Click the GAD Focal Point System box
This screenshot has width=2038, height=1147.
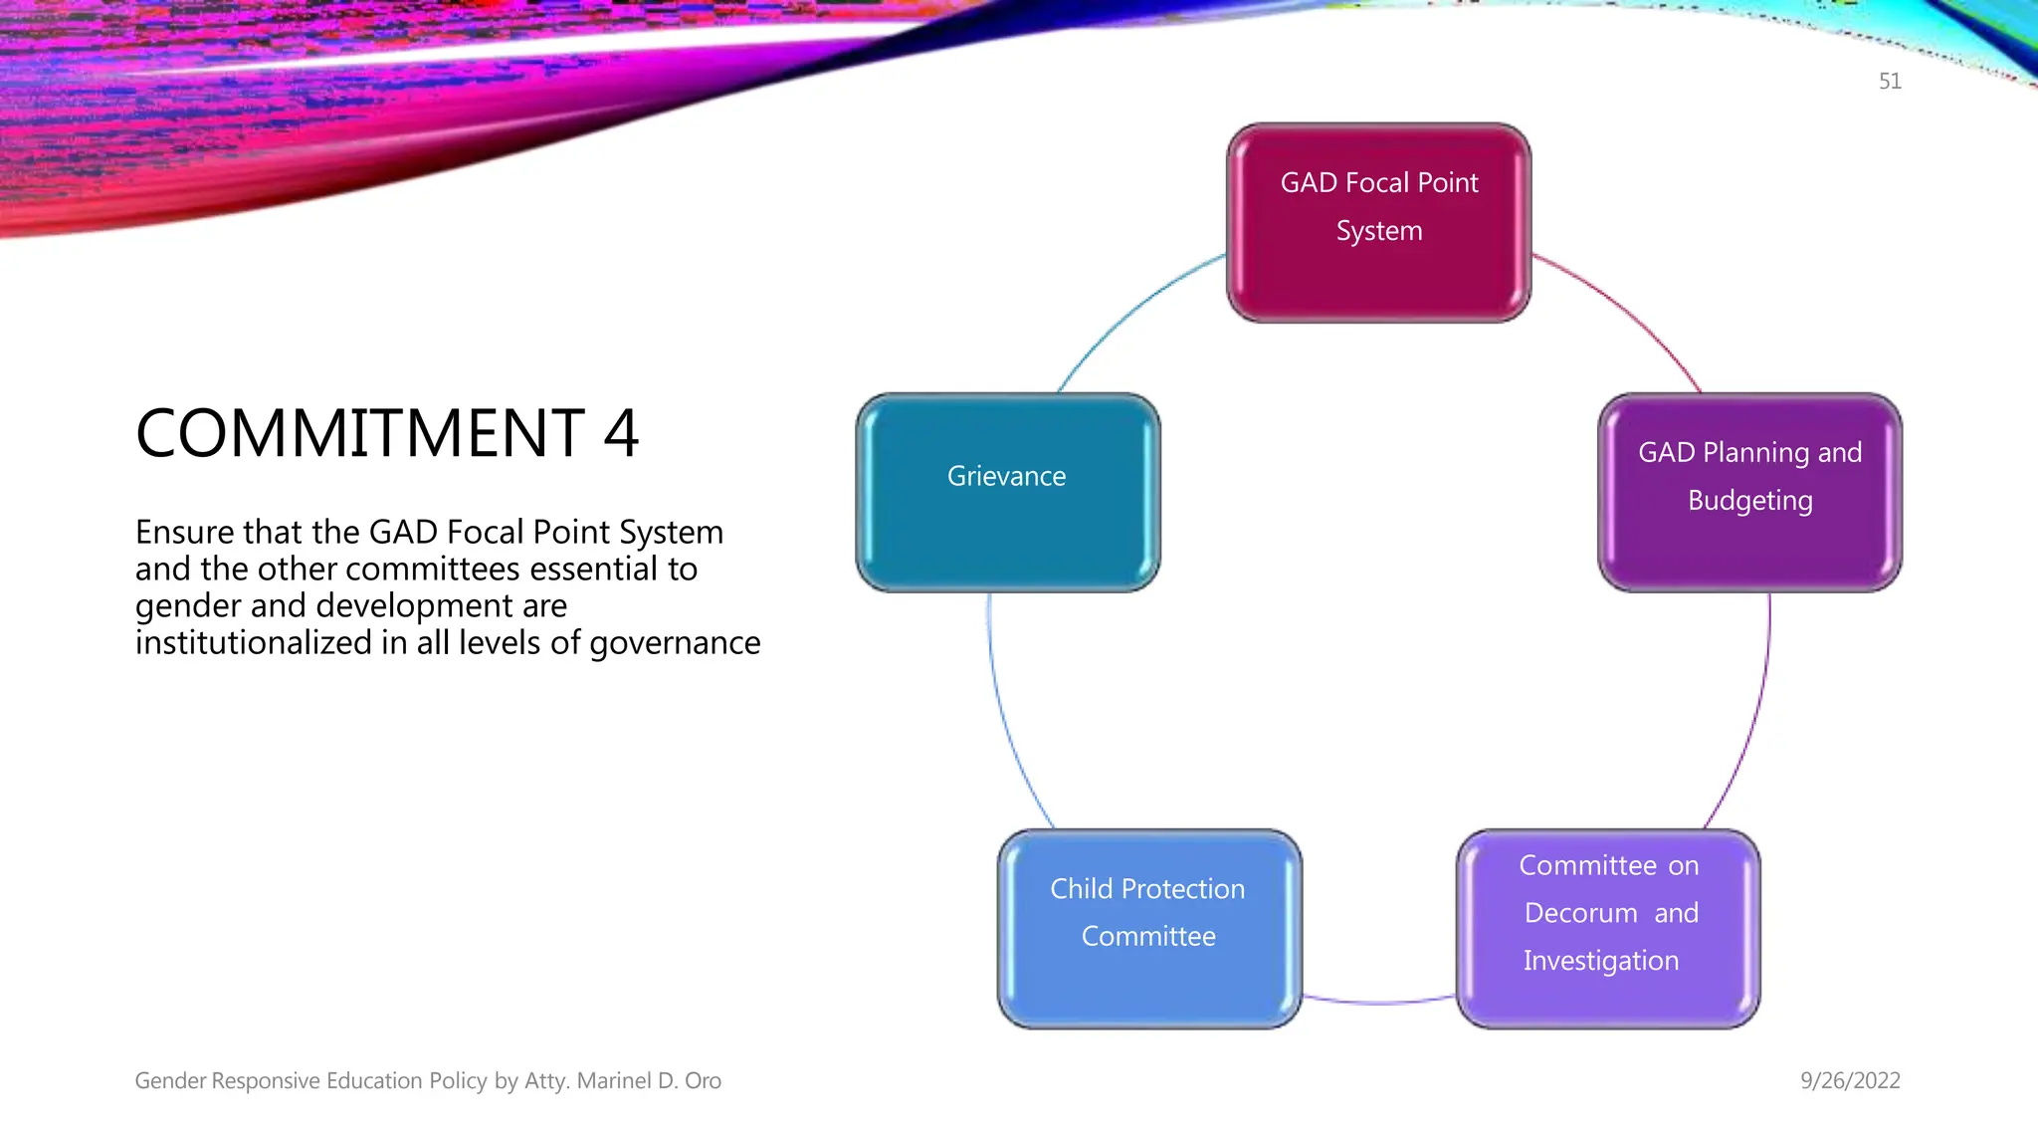coord(1378,223)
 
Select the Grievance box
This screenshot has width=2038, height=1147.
coord(1007,493)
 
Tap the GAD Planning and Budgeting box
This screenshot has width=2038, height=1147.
coord(1749,493)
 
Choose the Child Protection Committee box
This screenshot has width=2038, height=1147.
coord(1149,929)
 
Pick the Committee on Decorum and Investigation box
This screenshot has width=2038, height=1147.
coord(1608,929)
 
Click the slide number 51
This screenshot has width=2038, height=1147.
coord(1890,82)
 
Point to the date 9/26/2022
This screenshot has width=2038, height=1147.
coord(1850,1080)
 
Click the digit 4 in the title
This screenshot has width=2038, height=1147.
coord(621,434)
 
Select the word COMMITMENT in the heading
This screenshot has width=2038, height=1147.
coord(360,434)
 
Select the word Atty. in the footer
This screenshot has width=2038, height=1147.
coord(547,1080)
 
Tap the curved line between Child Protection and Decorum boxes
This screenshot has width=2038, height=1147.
coord(1379,1002)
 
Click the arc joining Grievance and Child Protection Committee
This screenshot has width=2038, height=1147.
coord(1005,717)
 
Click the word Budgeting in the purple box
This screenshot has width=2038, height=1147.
coord(1749,501)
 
